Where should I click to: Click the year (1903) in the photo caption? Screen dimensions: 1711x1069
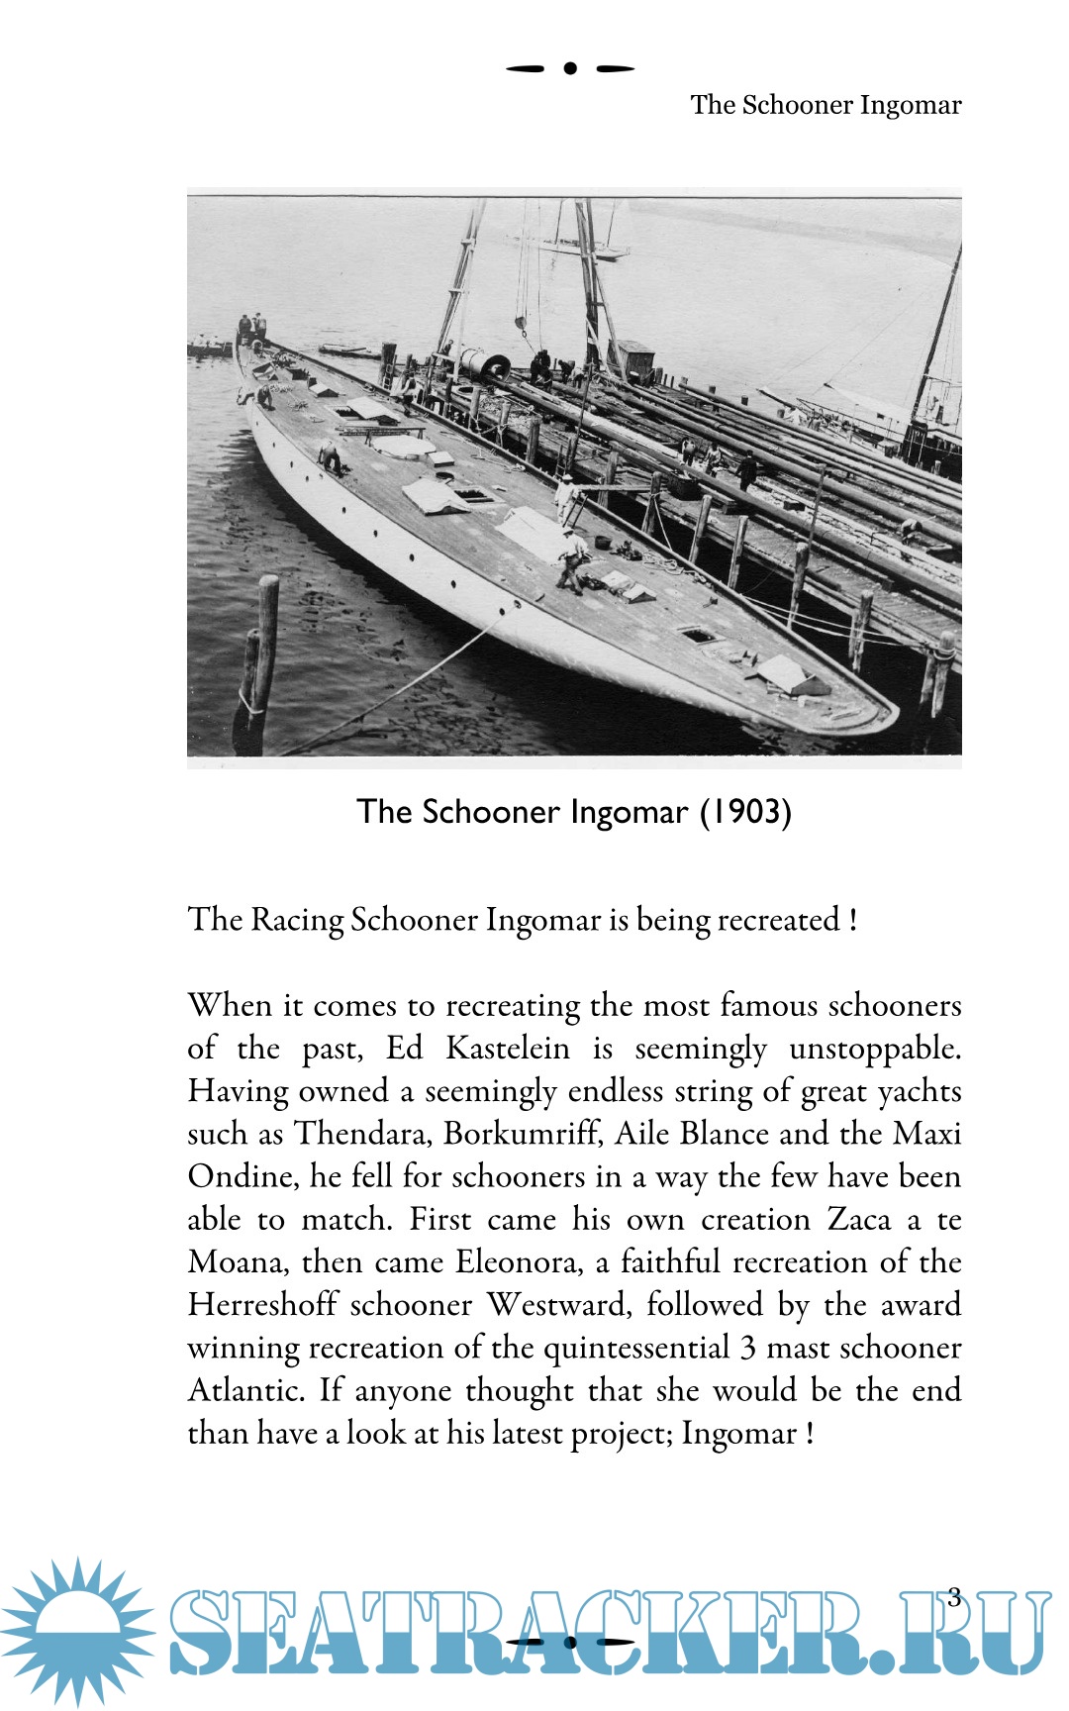coord(746,812)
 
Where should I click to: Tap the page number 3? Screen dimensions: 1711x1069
coord(954,1596)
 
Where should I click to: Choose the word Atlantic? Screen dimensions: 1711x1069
coord(245,1390)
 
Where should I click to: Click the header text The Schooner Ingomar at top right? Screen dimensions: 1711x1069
coord(826,105)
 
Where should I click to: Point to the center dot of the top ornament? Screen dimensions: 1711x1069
coord(570,68)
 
